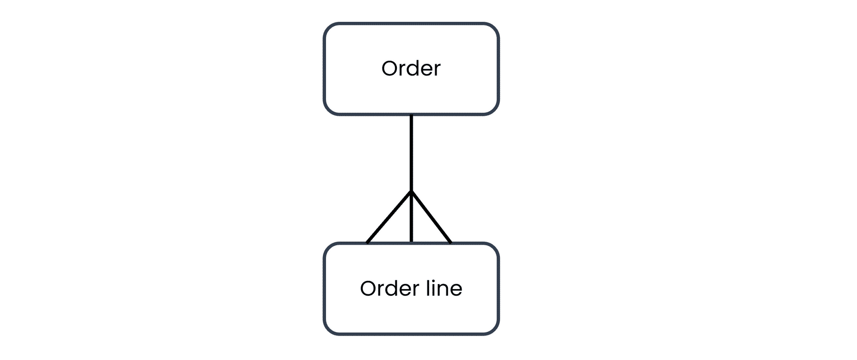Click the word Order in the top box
click(411, 68)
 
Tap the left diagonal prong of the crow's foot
click(389, 217)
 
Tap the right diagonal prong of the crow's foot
click(431, 217)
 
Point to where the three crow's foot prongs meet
click(411, 191)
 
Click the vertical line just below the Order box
click(411, 152)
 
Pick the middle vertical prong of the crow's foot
click(411, 217)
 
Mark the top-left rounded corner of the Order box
click(329, 28)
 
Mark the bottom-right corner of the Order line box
click(494, 330)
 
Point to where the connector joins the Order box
click(411, 114)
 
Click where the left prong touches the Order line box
click(367, 243)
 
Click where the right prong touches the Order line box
click(451, 243)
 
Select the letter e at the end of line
click(456, 291)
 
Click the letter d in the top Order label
click(412, 68)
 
